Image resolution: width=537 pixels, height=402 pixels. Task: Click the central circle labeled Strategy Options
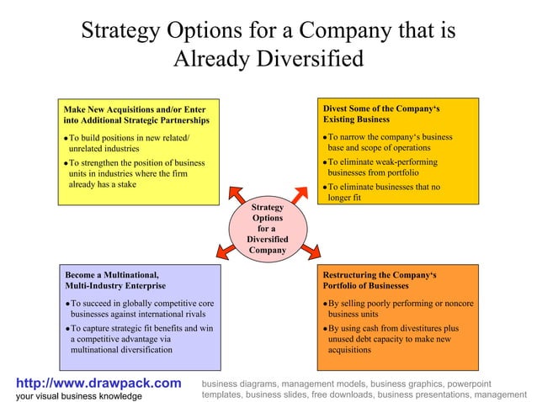coord(268,228)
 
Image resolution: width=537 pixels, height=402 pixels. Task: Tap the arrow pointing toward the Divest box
coord(301,193)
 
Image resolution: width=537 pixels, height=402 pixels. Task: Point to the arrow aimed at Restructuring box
coord(311,249)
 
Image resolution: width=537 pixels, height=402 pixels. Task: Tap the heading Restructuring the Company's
coord(380,275)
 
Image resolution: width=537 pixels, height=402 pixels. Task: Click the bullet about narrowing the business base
coord(387,141)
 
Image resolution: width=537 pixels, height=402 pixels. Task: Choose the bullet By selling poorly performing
coord(396,308)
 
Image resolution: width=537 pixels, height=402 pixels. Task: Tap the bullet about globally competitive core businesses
coord(141,308)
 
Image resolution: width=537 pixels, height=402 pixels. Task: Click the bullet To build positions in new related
coord(127,142)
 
